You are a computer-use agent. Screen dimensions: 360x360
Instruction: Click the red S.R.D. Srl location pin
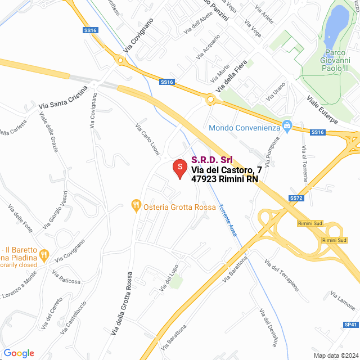click(x=179, y=168)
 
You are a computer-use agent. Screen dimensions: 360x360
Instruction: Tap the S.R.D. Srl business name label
click(x=212, y=160)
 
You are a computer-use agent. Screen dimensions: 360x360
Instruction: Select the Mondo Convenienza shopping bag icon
click(x=287, y=124)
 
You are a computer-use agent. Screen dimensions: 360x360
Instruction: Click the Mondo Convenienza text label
click(x=244, y=128)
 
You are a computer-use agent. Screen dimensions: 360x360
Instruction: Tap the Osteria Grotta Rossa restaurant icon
click(x=136, y=206)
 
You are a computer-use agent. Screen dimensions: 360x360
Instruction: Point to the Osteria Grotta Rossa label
click(x=179, y=207)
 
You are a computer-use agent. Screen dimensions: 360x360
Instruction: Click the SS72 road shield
click(x=296, y=199)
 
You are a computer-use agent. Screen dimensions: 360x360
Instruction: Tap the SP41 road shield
click(x=350, y=325)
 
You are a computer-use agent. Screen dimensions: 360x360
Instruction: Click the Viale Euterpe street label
click(x=322, y=110)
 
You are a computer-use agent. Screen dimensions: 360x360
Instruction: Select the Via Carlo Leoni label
click(x=147, y=136)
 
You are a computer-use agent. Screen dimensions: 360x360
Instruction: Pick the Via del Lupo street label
click(x=169, y=277)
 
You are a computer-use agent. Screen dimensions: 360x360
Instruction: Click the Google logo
click(x=19, y=353)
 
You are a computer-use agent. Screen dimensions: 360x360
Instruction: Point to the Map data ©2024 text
click(x=335, y=355)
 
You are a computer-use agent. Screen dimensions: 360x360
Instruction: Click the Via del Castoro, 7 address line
click(x=226, y=170)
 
